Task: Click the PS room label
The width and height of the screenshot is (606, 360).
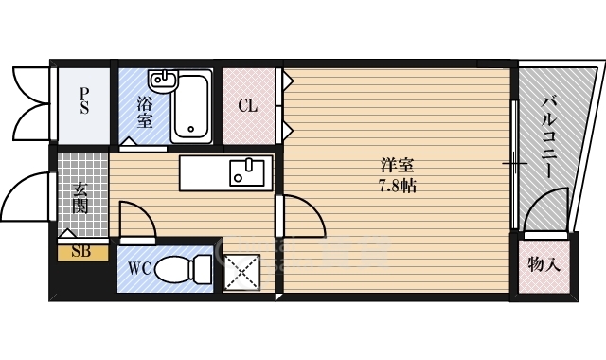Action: click(84, 101)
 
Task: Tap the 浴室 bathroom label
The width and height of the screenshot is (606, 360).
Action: click(145, 112)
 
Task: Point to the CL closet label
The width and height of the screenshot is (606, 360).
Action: click(248, 105)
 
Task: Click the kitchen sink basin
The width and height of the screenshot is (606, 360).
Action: click(247, 172)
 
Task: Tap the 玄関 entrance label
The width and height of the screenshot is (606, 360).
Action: click(80, 198)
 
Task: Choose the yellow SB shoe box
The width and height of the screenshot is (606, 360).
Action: click(82, 252)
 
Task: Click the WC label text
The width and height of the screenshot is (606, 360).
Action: click(140, 268)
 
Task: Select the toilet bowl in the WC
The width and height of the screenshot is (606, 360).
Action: click(183, 269)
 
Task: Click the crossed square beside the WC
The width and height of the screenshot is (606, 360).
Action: click(242, 272)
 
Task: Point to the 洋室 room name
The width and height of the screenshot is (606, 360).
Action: click(398, 166)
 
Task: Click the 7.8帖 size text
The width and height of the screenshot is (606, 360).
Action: click(397, 187)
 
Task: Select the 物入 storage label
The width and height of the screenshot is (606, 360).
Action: click(544, 265)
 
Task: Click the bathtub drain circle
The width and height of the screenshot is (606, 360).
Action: click(190, 129)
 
